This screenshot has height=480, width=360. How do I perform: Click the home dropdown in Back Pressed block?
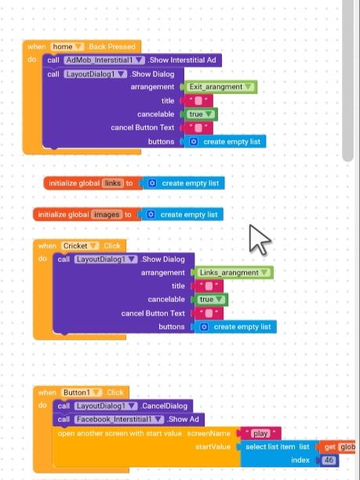[67, 47]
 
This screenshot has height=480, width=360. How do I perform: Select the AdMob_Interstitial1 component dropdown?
[104, 60]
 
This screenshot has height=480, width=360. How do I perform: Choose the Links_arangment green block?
[234, 272]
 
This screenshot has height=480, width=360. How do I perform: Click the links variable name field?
[113, 183]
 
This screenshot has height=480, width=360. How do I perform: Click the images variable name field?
[107, 215]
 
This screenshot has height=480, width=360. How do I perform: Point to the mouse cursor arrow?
[259, 239]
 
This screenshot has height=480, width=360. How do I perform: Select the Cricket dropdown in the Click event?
[79, 245]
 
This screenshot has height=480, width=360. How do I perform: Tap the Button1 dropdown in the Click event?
[81, 392]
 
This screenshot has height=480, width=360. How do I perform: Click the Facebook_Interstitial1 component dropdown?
[119, 420]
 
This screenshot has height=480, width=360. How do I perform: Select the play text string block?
[261, 434]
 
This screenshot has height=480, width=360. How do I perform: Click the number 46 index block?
[329, 460]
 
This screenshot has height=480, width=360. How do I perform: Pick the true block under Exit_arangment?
[201, 115]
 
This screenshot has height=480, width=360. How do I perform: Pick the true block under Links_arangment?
[211, 300]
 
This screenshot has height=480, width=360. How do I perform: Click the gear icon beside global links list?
[152, 183]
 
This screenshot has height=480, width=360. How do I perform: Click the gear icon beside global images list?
[151, 215]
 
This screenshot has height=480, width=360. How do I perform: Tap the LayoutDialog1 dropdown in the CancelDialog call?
[106, 406]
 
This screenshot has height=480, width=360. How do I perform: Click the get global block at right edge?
[336, 447]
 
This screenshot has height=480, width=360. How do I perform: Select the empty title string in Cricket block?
[209, 286]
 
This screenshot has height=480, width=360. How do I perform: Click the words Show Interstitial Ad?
[183, 60]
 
